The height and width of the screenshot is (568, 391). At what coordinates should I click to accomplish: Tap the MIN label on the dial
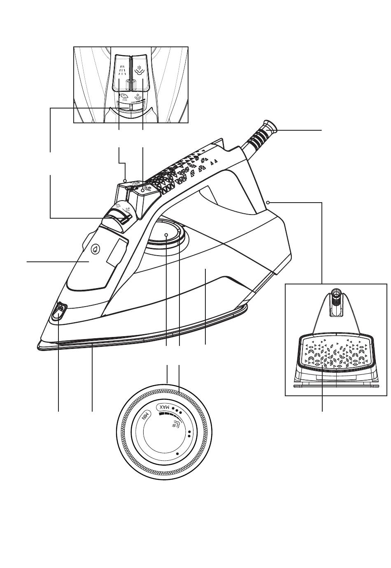point(146,417)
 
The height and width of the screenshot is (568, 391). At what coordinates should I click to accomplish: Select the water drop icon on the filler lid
point(95,249)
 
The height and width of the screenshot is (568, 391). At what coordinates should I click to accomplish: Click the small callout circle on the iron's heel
point(268,202)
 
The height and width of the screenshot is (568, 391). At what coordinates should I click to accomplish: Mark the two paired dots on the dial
point(189,434)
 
